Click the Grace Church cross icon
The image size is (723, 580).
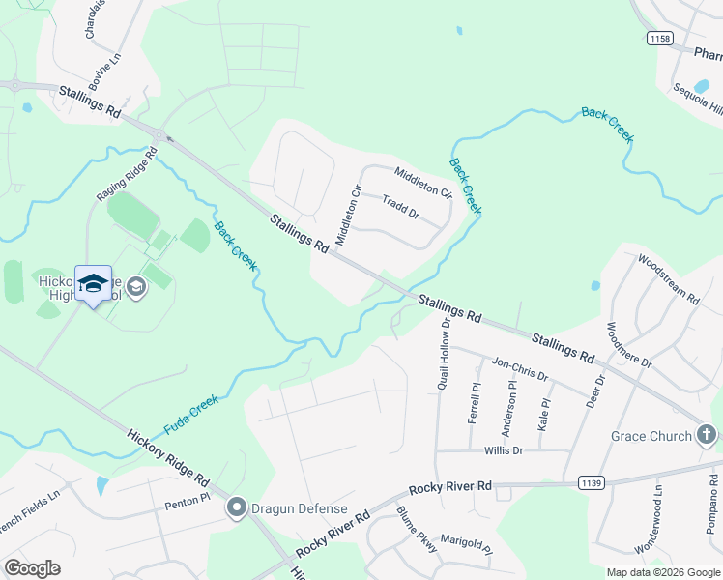(x=708, y=436)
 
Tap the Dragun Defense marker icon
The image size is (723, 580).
(x=236, y=507)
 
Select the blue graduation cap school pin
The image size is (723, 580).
(x=93, y=283)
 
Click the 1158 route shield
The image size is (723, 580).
(x=660, y=38)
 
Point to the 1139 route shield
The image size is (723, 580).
(x=591, y=481)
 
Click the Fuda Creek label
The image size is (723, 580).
(x=192, y=412)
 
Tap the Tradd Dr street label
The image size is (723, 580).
(x=399, y=207)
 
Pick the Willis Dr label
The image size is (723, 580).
(x=504, y=450)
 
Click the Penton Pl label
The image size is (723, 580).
(x=187, y=504)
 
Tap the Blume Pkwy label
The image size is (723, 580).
(x=418, y=531)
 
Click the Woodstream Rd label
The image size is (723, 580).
(x=667, y=279)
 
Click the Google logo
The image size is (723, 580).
(x=32, y=568)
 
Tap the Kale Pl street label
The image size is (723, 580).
(x=544, y=414)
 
